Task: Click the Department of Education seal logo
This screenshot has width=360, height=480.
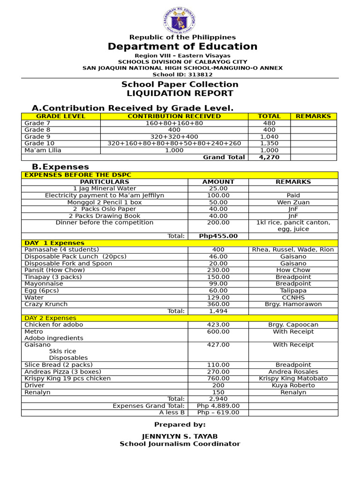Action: [x=180, y=20]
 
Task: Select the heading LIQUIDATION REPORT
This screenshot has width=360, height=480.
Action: [x=180, y=93]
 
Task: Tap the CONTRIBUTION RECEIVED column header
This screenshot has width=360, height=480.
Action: [x=174, y=116]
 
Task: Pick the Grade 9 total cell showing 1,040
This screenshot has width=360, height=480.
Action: [x=269, y=137]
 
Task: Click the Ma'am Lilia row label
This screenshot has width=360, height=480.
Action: [x=43, y=150]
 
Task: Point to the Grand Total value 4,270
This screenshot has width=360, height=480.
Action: [x=269, y=157]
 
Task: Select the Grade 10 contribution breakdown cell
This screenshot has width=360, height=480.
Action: [x=174, y=143]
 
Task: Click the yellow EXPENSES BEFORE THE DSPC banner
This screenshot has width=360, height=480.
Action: [x=78, y=175]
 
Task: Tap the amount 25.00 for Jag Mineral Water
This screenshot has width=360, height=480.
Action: [x=218, y=188]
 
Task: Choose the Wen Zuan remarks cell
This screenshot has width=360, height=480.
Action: [x=293, y=202]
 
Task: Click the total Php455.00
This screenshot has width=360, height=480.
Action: [x=218, y=236]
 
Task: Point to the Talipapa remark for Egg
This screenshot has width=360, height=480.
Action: [x=293, y=291]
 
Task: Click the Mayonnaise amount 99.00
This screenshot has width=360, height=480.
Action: [x=218, y=284]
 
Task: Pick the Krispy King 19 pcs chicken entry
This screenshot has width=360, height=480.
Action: [x=67, y=378]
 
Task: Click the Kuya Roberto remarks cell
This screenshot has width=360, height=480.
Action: [x=293, y=385]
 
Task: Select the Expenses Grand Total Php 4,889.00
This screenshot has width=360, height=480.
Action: [x=218, y=406]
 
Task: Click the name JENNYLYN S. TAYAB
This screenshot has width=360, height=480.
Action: [x=180, y=436]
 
